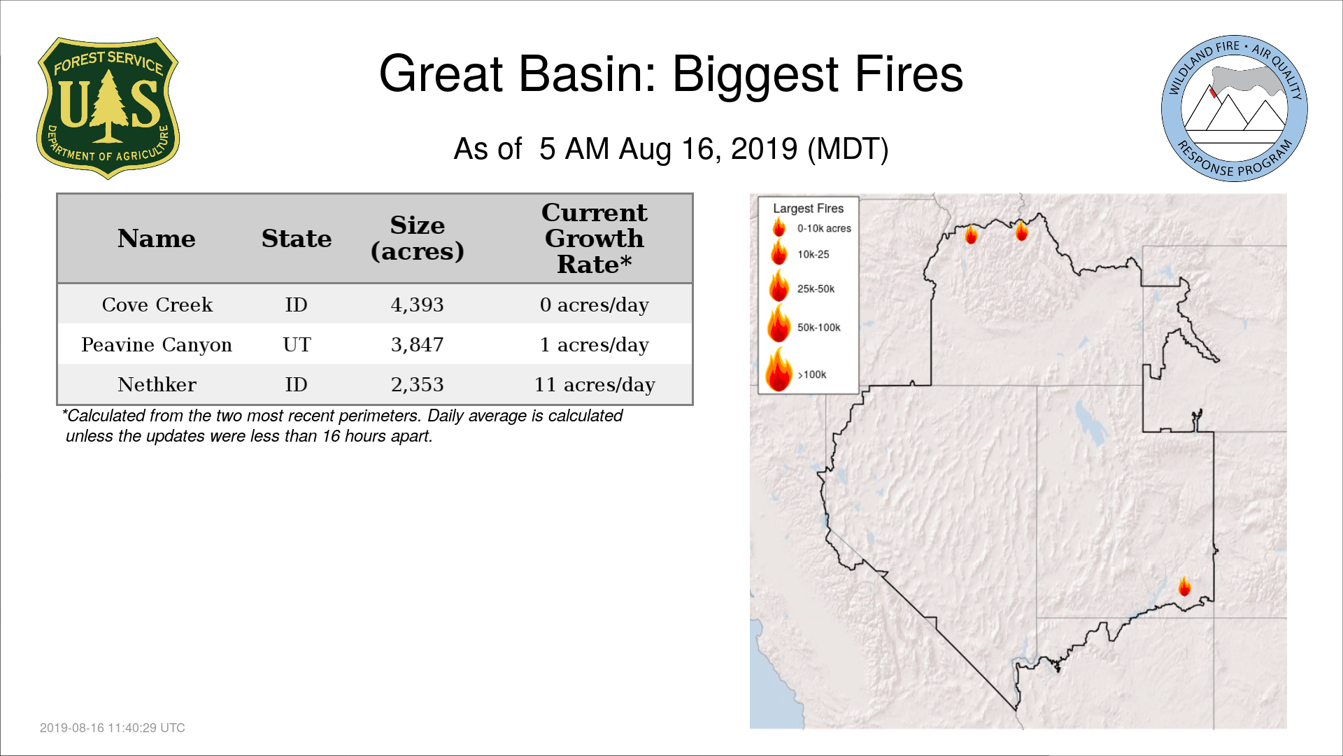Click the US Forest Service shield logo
pyautogui.click(x=108, y=108)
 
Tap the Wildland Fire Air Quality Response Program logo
pyautogui.click(x=1235, y=108)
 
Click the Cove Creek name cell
pyautogui.click(x=157, y=304)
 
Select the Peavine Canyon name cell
pyautogui.click(x=157, y=344)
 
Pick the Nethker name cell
pyautogui.click(x=157, y=384)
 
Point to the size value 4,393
pyautogui.click(x=418, y=304)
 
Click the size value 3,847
pyautogui.click(x=418, y=344)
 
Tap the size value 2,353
pyautogui.click(x=418, y=384)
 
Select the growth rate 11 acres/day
pyautogui.click(x=595, y=384)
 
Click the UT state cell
pyautogui.click(x=297, y=344)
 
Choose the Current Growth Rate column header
pyautogui.click(x=595, y=238)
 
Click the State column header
pyautogui.click(x=297, y=239)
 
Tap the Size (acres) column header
pyautogui.click(x=418, y=238)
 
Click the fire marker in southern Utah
pyautogui.click(x=1184, y=586)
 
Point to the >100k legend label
pyautogui.click(x=812, y=374)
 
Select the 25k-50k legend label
pyautogui.click(x=816, y=288)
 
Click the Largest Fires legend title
pyautogui.click(x=809, y=208)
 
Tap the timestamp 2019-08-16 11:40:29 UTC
pyautogui.click(x=113, y=728)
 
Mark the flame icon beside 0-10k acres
pyautogui.click(x=779, y=227)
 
